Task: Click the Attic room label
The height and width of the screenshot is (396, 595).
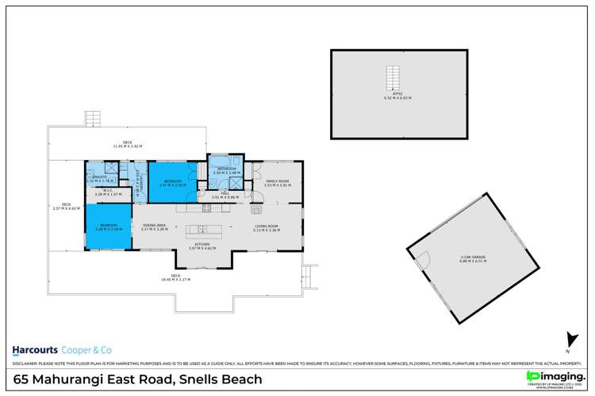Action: point(397,95)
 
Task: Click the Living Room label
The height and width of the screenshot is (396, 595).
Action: point(266,228)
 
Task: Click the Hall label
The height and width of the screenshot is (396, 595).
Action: point(226,196)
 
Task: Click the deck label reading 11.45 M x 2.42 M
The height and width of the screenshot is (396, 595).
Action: point(127,145)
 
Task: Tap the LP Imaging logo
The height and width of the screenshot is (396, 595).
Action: point(547,375)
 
